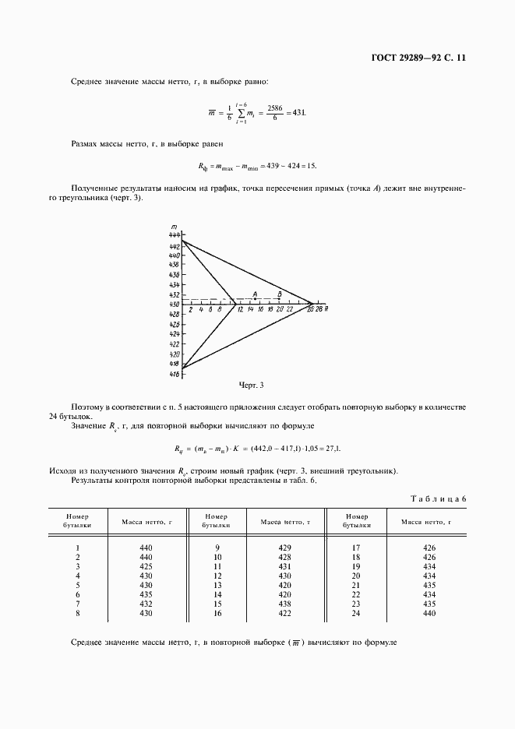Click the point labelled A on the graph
point(255,298)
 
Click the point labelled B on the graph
point(280,298)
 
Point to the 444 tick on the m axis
point(174,234)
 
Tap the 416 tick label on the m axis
point(174,374)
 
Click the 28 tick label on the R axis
point(319,310)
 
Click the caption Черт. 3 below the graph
point(252,385)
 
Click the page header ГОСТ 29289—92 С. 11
point(417,58)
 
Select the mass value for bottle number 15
point(284,604)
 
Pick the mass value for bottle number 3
point(146,566)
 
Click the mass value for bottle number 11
point(284,566)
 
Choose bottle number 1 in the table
point(78,548)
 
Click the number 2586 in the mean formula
point(274,107)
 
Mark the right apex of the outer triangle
point(313,303)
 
